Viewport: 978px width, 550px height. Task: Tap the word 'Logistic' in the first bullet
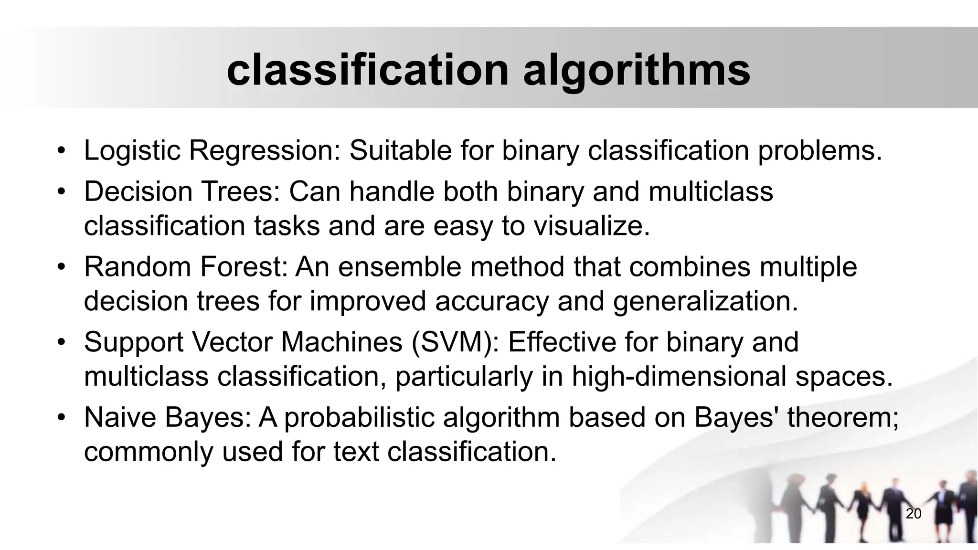(132, 150)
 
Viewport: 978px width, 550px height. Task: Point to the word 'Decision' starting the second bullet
(138, 191)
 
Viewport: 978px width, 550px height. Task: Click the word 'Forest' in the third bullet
(242, 266)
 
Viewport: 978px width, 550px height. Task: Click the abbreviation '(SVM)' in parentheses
(454, 342)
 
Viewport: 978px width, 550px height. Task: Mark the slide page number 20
(914, 514)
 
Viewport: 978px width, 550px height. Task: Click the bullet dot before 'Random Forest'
(61, 267)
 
